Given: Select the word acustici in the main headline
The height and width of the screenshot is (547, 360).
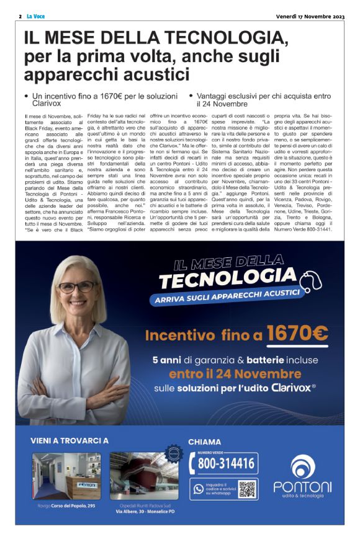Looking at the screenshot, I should click(x=150, y=75).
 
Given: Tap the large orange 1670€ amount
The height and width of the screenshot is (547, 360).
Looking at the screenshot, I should click(x=297, y=335).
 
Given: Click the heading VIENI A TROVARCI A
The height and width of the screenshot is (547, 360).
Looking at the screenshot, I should click(x=70, y=441).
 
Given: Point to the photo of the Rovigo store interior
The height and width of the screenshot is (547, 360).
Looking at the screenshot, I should click(x=66, y=476).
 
